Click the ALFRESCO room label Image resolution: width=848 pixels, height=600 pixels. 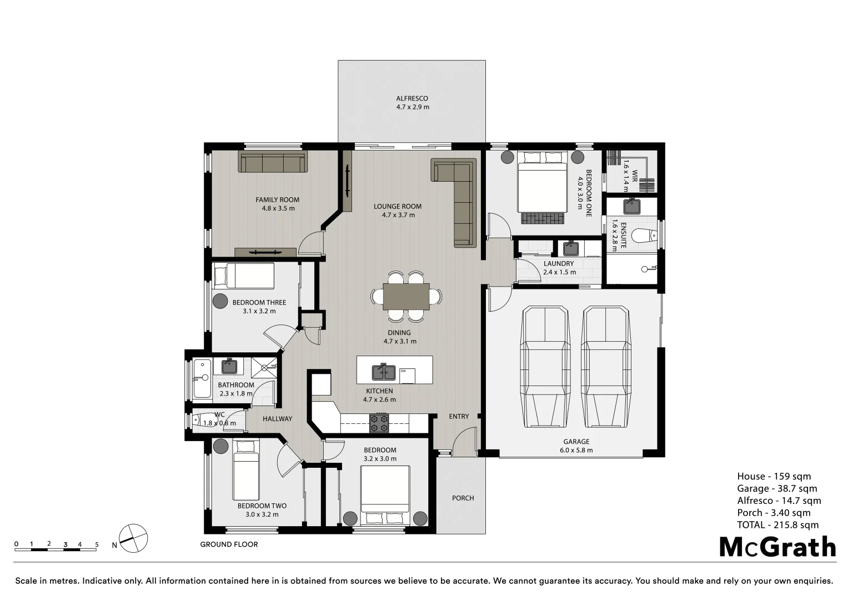(412, 98)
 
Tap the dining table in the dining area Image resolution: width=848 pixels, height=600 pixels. (406, 296)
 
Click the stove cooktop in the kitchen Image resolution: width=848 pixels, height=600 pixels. (379, 423)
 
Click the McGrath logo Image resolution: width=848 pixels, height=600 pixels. (777, 547)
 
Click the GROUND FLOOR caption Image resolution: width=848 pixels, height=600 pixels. (229, 544)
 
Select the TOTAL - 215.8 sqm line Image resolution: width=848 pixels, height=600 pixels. (777, 525)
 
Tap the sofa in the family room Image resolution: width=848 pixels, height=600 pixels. (273, 162)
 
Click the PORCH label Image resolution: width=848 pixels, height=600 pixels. (463, 498)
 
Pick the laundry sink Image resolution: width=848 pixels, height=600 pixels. (570, 248)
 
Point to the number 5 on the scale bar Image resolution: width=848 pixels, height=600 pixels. (97, 544)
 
